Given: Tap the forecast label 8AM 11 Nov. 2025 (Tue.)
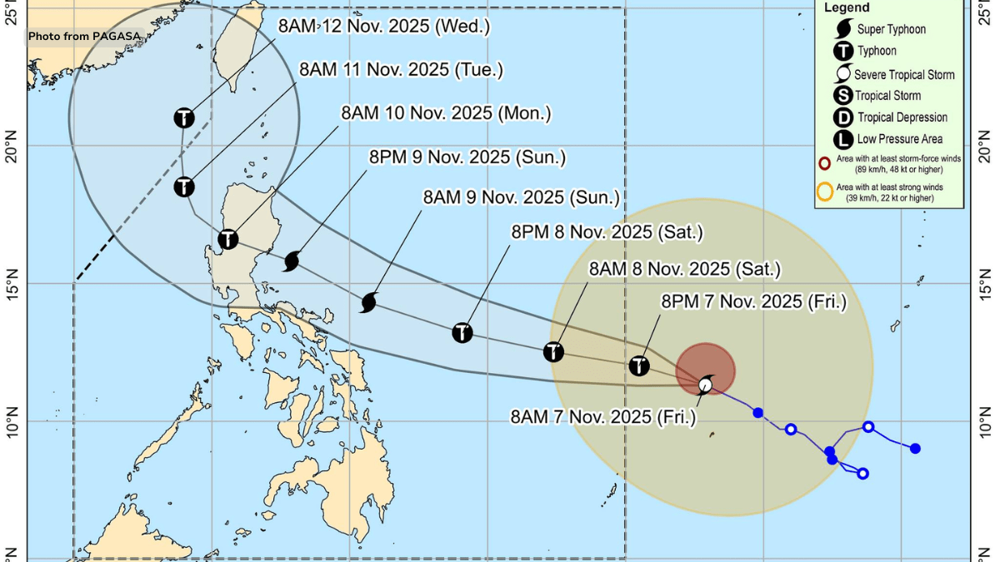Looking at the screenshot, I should (401, 70).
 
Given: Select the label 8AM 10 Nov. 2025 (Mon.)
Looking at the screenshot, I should (446, 112).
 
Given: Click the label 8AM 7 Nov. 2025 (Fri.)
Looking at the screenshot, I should (602, 416).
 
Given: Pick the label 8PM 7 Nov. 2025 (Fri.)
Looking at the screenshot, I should (753, 301).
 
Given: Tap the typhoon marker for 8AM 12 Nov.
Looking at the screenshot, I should (184, 118).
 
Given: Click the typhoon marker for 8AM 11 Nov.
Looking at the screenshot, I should (184, 187).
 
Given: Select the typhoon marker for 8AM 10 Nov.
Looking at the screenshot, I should (227, 240).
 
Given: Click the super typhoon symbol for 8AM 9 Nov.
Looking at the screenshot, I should (369, 303).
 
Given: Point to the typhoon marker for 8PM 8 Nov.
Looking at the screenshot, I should (462, 333).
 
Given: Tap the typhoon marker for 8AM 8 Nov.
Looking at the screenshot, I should (553, 352).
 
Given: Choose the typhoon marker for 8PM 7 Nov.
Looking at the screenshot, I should (638, 366).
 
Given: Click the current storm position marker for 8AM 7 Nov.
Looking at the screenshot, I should (706, 384).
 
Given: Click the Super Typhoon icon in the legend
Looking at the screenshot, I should (843, 29).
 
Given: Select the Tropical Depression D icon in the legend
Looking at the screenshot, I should (843, 117).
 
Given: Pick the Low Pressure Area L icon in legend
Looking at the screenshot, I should (843, 139).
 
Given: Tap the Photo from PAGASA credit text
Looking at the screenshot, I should (85, 37).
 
